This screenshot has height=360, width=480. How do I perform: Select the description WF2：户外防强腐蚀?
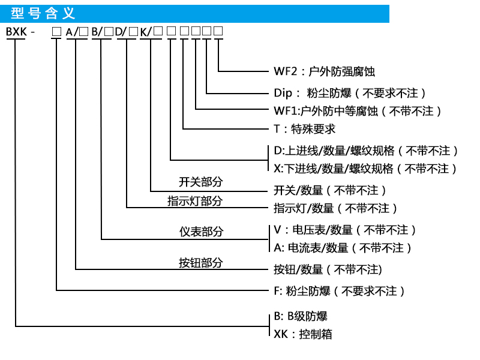(x=324, y=72)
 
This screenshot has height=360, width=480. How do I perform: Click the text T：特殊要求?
(x=304, y=129)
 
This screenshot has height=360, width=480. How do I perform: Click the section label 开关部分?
(x=200, y=182)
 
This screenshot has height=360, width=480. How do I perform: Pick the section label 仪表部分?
(x=200, y=232)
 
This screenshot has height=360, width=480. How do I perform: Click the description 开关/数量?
(x=329, y=190)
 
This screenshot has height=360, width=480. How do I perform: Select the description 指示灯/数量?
(x=335, y=209)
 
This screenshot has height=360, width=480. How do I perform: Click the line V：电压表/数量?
(x=344, y=230)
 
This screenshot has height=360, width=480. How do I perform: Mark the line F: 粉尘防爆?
(x=339, y=291)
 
